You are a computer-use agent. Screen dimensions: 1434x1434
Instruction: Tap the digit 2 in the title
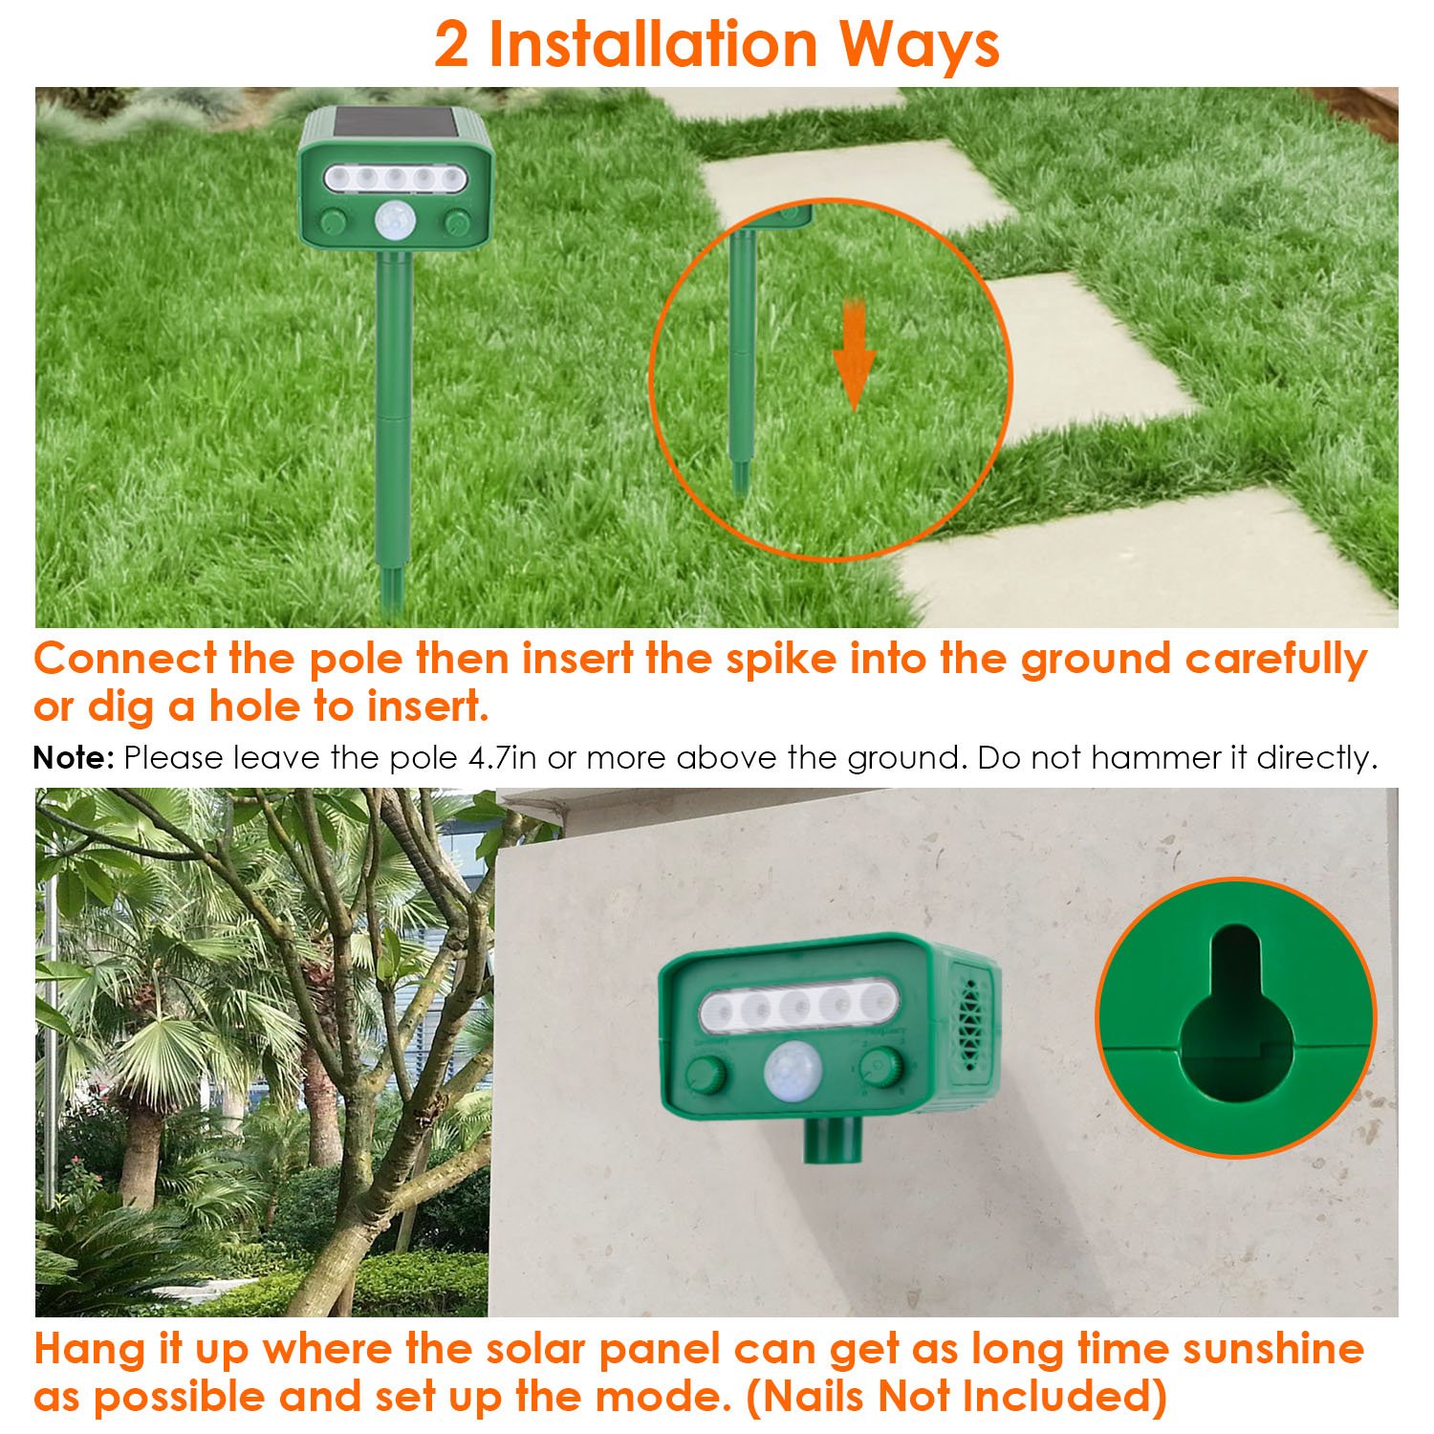(451, 45)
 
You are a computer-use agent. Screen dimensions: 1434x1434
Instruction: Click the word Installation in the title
(654, 44)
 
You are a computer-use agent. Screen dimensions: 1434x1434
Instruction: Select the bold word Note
(74, 758)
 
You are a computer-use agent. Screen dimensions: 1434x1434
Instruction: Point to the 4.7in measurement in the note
(503, 758)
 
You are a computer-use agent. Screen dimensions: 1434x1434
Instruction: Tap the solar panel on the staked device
(394, 122)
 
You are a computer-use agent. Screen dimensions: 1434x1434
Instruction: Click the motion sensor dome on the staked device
(394, 222)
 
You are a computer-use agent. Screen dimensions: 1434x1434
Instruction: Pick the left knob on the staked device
(333, 223)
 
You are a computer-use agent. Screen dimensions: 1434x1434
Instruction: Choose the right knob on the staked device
(456, 223)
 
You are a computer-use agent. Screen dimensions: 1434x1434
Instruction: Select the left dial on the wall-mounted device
(706, 1076)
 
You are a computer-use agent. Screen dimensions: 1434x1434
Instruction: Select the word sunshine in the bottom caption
(1273, 1349)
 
